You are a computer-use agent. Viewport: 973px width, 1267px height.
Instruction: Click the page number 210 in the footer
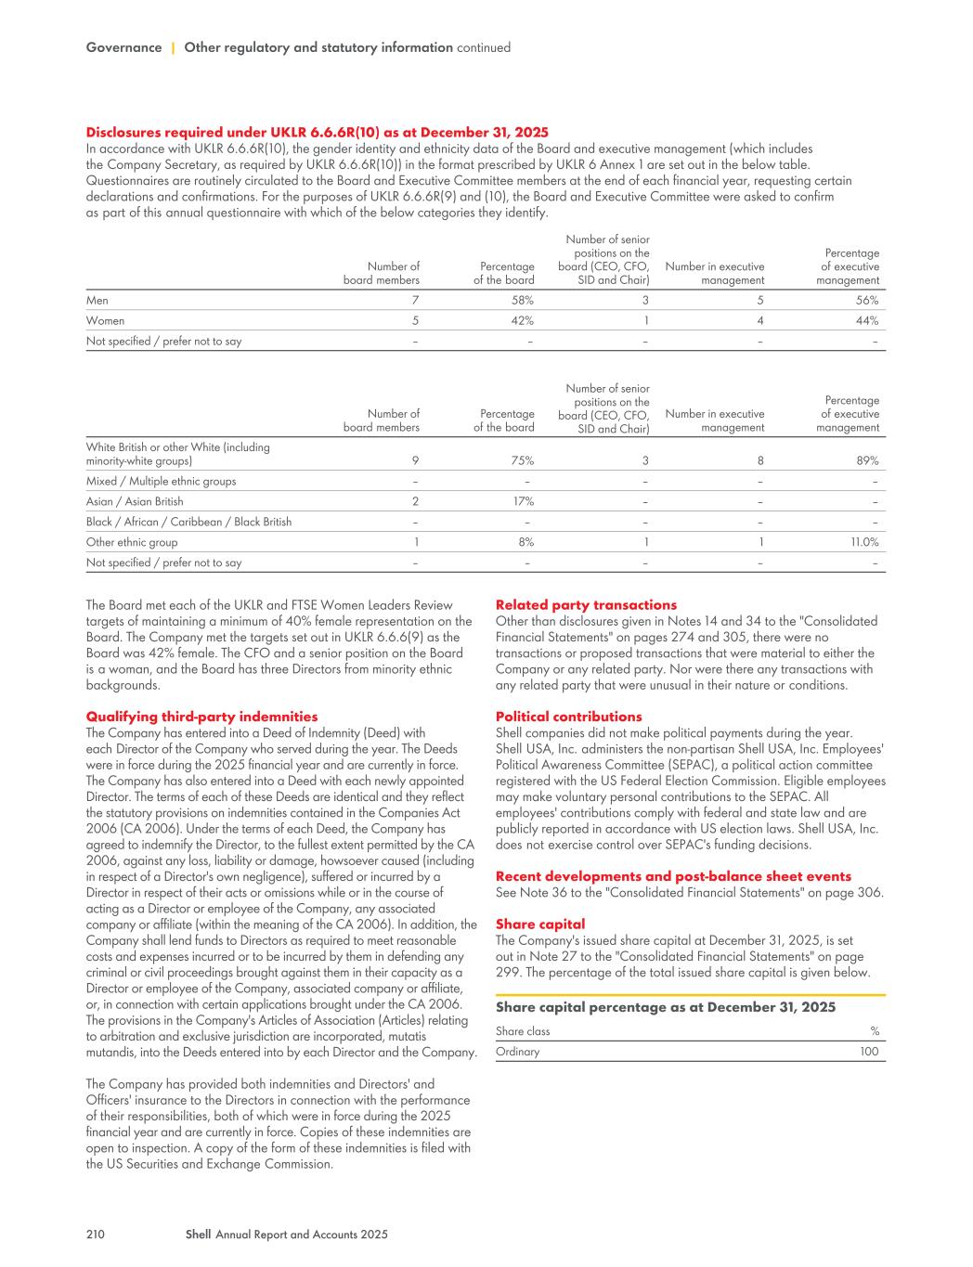point(95,1235)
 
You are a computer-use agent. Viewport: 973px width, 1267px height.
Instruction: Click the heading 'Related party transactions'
point(586,605)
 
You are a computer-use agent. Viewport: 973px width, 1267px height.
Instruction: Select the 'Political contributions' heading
point(568,717)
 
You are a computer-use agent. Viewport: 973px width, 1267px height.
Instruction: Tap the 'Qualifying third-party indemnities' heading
point(201,717)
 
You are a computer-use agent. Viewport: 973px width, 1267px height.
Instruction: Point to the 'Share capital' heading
point(540,924)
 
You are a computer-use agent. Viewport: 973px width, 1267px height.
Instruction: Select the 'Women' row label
point(105,320)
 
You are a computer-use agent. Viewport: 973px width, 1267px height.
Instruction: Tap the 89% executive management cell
point(867,460)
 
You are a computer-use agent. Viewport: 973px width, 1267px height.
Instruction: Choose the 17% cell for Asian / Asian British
point(523,501)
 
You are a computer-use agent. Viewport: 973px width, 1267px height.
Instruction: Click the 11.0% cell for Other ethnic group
point(863,542)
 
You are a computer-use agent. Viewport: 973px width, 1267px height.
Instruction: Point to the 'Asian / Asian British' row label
point(135,501)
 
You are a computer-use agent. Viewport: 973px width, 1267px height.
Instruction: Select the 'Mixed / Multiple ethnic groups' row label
point(161,481)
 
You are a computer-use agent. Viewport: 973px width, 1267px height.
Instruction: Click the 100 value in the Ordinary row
point(869,1052)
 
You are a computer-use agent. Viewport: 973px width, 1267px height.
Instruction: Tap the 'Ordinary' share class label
point(517,1052)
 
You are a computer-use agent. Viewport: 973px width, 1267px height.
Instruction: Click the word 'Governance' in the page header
point(123,47)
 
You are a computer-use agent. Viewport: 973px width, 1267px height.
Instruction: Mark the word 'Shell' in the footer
point(198,1235)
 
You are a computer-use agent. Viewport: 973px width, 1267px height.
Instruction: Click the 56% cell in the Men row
point(867,300)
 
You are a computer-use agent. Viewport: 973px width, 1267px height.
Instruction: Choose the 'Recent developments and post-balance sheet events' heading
point(673,876)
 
